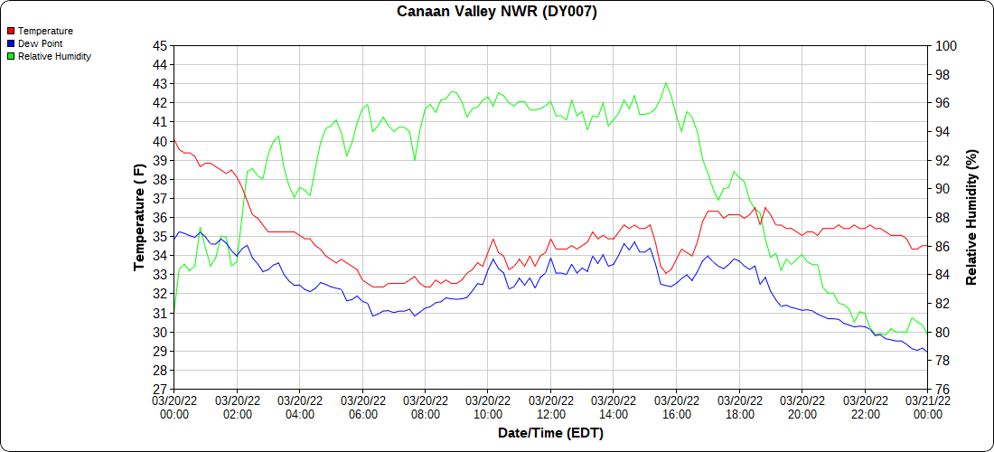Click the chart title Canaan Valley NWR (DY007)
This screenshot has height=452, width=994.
click(x=497, y=12)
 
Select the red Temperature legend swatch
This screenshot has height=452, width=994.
click(x=10, y=31)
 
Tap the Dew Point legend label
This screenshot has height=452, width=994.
click(x=40, y=43)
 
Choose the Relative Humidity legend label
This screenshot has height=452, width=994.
click(x=54, y=56)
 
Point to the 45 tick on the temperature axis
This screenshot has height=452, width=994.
click(x=160, y=45)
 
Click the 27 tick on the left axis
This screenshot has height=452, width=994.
click(x=160, y=390)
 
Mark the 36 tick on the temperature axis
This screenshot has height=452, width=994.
click(x=160, y=218)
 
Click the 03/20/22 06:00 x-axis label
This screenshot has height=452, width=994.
click(x=362, y=408)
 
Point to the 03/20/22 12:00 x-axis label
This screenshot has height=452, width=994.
click(x=550, y=408)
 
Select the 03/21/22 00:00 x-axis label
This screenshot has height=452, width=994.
click(x=927, y=408)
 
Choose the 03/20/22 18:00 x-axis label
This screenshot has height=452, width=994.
click(x=739, y=408)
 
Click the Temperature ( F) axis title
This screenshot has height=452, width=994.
click(x=139, y=217)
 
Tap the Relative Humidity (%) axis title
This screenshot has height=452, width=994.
click(x=972, y=217)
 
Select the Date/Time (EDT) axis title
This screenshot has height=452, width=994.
click(x=550, y=433)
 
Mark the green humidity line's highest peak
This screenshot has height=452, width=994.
click(x=666, y=83)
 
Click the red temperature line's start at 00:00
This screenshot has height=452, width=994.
click(x=174, y=141)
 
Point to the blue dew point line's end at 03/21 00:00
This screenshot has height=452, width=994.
click(x=927, y=352)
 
